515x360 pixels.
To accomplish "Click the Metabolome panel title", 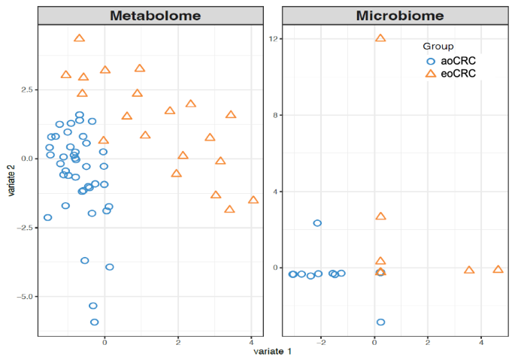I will click(155, 15).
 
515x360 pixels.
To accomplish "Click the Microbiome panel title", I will click(399, 15).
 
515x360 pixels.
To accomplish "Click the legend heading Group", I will click(438, 47).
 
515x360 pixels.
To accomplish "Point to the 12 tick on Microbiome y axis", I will click(276, 38).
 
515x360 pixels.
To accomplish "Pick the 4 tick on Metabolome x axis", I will click(250, 342).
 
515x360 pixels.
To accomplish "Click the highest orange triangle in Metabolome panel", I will click(80, 38).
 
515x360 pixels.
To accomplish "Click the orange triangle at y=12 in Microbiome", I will click(380, 38).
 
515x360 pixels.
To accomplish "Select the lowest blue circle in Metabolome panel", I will click(95, 322).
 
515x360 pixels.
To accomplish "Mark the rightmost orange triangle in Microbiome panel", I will click(498, 269).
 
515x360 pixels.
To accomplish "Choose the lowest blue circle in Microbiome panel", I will click(380, 322).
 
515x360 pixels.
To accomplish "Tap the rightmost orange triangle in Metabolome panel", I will click(253, 200).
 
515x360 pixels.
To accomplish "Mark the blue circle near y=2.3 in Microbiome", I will click(317, 223).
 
